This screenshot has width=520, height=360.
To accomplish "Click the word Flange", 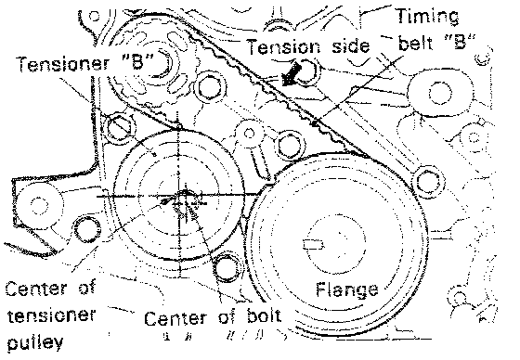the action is pos(347,290).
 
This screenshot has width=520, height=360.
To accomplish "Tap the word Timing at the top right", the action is pos(428,17).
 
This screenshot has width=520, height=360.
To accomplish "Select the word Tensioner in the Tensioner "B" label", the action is pos(63,63).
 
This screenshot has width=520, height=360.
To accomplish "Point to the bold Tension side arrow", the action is pos(292,74).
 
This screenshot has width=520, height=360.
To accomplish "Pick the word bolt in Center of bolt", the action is pos(264,317).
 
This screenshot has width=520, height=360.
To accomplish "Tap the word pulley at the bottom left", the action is pos(35,341).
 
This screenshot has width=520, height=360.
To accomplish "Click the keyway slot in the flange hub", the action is pos(313,244).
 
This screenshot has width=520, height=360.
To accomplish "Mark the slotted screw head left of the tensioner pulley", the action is pos(121,126).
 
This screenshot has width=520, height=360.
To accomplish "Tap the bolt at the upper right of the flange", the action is pos(428,181).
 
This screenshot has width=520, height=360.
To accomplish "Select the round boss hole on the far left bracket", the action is pos(37,203).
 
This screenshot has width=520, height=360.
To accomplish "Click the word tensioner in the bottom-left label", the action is pos(50,315).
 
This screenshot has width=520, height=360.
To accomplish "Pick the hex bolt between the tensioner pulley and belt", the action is pos(290,145).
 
